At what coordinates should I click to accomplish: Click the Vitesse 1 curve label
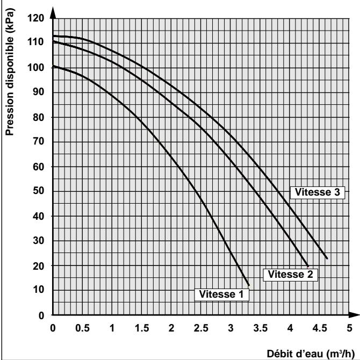222,294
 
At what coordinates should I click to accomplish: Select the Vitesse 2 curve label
290,273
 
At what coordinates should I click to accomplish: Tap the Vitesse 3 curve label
316,191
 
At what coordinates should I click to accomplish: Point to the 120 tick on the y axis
37,18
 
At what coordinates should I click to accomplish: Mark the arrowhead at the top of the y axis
53,12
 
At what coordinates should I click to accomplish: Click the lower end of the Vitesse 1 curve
249,285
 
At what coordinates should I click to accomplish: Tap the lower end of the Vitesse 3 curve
327,258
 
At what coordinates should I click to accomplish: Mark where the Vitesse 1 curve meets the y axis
53,66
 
